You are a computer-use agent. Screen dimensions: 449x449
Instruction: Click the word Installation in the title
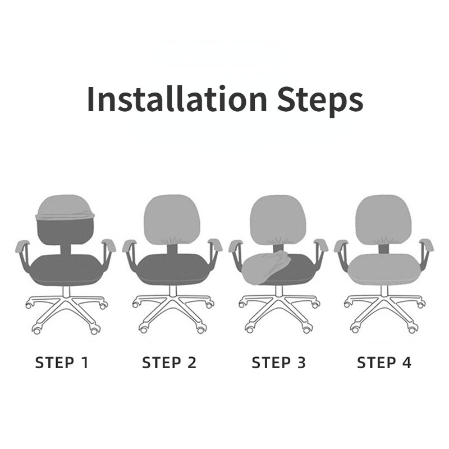pos(177,99)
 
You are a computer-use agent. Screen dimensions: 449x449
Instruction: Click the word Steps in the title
pos(320,101)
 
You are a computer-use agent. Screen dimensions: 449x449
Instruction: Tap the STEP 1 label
pos(62,363)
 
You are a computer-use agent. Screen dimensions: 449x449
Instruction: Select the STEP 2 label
pos(169,363)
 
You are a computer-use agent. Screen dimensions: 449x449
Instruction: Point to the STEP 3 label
pos(278,363)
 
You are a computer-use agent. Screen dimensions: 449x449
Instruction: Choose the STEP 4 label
pos(384,363)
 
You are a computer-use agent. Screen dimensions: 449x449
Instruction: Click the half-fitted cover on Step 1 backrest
pos(65,208)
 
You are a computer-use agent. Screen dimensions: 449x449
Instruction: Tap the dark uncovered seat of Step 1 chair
pos(66,270)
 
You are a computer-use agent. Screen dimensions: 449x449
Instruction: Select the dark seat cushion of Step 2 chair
pos(172,269)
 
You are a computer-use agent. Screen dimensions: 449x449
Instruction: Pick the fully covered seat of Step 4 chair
pos(384,270)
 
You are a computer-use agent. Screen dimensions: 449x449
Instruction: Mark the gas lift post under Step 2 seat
pos(173,291)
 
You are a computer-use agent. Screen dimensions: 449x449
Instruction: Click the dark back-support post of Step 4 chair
pos(384,249)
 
